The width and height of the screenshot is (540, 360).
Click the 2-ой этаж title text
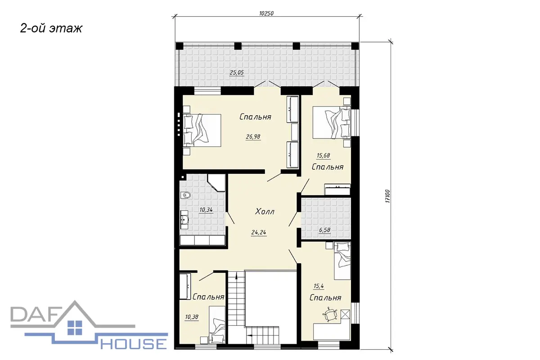tap(51, 28)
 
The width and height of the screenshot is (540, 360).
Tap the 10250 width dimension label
tap(266, 13)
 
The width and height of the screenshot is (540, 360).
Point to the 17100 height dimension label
tap(387, 196)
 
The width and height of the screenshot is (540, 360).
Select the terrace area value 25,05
tap(237, 72)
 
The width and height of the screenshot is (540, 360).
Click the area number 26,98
tap(253, 137)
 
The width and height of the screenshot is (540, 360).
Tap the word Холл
tap(265, 211)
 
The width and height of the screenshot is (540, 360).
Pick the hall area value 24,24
tap(259, 232)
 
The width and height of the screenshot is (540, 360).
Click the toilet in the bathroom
tap(185, 195)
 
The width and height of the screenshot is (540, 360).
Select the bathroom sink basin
tap(185, 220)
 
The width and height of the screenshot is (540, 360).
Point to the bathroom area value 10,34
tap(206, 210)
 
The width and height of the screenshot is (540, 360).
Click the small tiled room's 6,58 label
tap(324, 230)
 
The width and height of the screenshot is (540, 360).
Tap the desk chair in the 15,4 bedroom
tap(330, 315)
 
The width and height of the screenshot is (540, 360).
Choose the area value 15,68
tap(323, 156)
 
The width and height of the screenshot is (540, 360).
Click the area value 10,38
tap(192, 317)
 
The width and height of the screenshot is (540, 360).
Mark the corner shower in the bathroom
tap(216, 183)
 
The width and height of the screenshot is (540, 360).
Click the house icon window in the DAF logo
tap(75, 328)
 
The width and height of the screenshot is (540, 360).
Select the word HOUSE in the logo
tap(134, 344)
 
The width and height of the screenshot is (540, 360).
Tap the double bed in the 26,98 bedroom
tap(202, 130)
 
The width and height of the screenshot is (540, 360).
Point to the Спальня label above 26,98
tap(255, 117)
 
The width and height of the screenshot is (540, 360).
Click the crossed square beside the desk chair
tap(346, 315)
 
